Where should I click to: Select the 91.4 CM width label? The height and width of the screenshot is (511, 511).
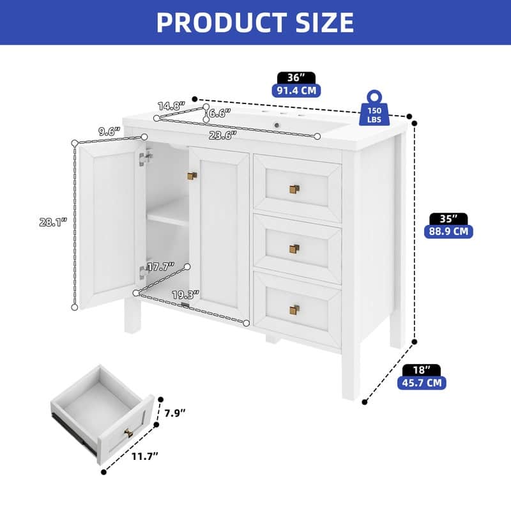(295, 91)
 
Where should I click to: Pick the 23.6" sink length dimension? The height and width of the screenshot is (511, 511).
(222, 133)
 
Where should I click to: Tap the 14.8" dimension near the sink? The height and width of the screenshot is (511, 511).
(172, 105)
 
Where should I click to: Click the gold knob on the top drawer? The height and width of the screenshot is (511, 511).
(294, 189)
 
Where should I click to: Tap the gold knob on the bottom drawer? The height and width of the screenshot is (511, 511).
(294, 310)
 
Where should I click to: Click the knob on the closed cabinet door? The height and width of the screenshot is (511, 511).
(192, 176)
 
